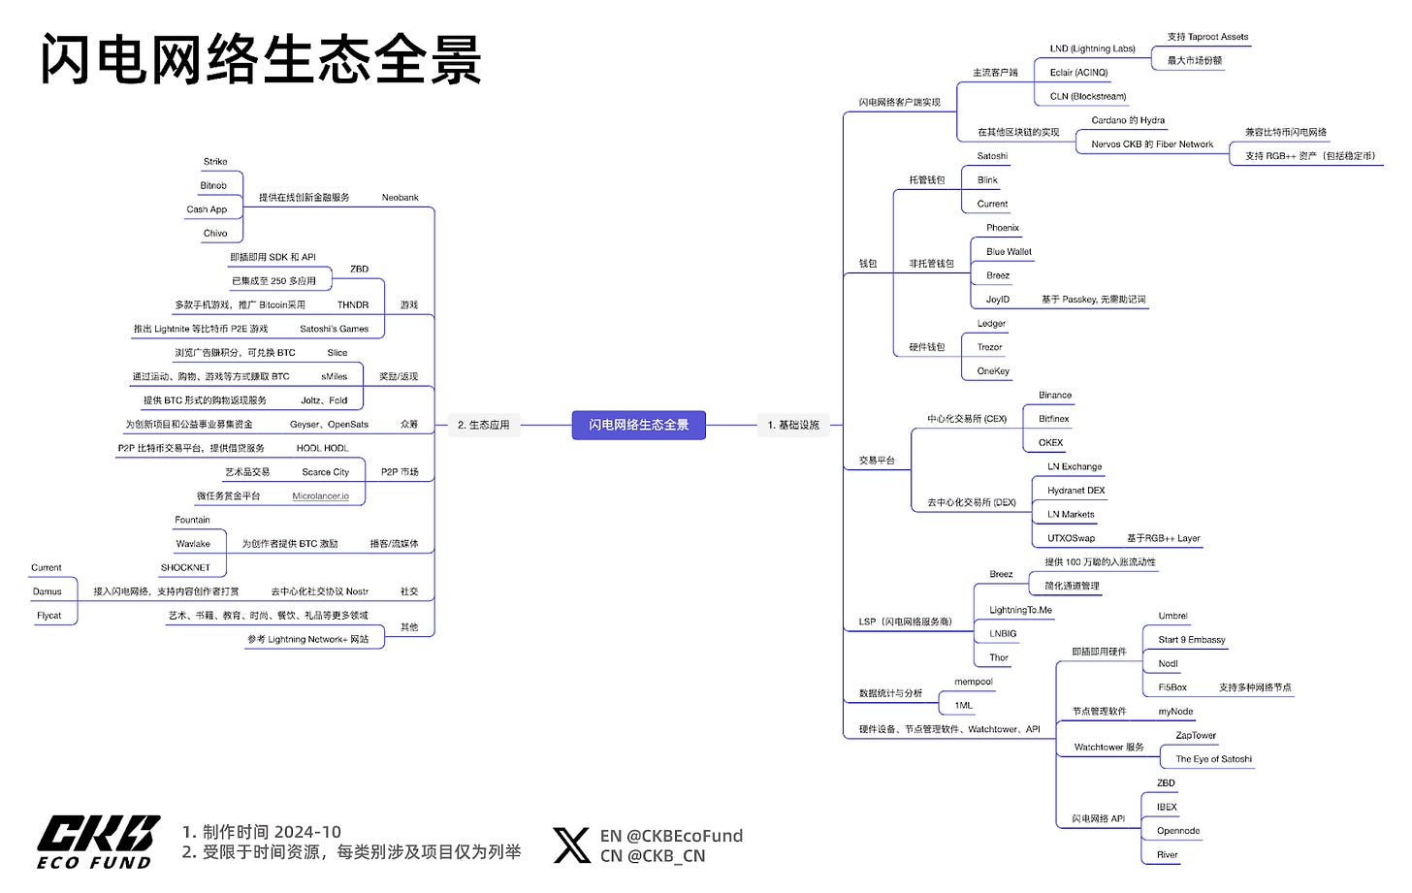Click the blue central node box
pos(638,425)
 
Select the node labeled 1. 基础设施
pos(793,425)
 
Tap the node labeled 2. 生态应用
pos(483,425)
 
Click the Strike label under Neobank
pos(215,162)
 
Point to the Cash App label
pos(207,209)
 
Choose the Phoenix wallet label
pos(1003,228)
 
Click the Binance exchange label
pos(1055,395)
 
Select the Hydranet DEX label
pos(1075,491)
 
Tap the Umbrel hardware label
pos(1172,616)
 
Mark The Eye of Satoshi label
pos(1213,759)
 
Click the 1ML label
pos(963,706)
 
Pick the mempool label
pos(974,682)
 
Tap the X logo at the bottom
pos(571,845)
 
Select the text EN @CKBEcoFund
pos(671,836)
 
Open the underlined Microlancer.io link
pos(320,496)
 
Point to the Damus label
pos(48,591)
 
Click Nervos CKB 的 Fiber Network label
pos(1152,144)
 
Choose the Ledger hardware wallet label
pos(991,323)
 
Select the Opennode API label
pos(1178,831)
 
